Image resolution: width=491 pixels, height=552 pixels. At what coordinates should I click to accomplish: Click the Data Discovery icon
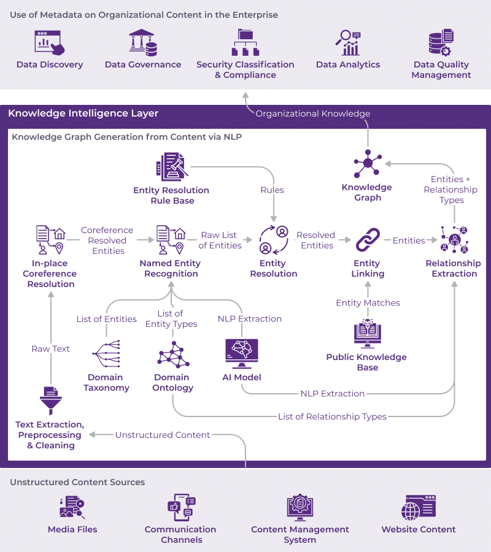[x=50, y=42]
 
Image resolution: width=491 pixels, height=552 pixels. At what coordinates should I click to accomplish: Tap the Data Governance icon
[x=142, y=42]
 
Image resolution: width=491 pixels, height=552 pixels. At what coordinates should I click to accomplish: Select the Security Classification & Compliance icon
[x=245, y=42]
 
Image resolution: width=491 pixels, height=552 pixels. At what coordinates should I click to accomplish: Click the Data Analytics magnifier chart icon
[x=347, y=42]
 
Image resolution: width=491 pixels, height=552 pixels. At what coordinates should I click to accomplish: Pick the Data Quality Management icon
[x=441, y=42]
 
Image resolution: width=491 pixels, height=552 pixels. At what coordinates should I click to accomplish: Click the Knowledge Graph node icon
[x=368, y=163]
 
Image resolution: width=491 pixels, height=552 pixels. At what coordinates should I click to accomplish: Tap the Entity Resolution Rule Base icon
[x=172, y=166]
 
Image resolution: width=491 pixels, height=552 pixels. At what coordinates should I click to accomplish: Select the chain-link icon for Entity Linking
[x=368, y=240]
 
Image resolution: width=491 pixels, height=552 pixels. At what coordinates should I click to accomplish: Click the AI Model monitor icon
[x=242, y=353]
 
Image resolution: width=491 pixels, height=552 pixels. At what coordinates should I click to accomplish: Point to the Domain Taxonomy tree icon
[x=106, y=354]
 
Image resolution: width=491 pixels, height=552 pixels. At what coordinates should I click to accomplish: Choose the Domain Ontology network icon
[x=173, y=355]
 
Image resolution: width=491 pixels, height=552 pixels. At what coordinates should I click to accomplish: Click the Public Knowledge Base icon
[x=368, y=333]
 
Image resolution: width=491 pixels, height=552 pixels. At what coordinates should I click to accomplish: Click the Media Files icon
[x=72, y=507]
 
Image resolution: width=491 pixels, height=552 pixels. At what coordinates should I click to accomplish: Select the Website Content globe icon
[x=419, y=508]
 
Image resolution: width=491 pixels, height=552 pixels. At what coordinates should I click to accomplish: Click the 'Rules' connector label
[x=273, y=190]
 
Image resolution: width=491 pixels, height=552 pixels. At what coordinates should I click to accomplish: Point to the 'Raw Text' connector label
[x=51, y=349]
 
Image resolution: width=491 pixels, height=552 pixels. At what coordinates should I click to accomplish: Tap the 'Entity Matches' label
[x=368, y=303]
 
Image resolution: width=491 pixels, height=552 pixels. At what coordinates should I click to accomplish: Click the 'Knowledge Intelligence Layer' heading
[x=83, y=113]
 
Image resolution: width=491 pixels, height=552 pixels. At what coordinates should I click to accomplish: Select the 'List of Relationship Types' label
[x=333, y=417]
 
